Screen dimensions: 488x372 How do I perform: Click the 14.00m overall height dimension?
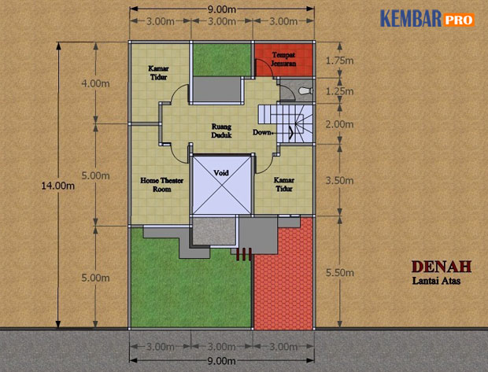coord(58,186)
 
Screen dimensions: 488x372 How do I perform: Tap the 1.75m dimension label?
coord(339,61)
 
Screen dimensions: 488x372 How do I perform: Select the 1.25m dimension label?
coord(339,91)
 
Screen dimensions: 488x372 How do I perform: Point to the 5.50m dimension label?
coord(340,273)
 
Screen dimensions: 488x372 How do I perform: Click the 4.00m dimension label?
coord(95,83)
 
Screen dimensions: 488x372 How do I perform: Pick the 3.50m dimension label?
coord(339,180)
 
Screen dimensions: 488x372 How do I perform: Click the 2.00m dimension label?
coord(339,124)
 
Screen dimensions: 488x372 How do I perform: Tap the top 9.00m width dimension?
coord(222,9)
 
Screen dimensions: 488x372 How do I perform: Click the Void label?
coord(221,172)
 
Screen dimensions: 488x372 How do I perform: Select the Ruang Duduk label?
coord(222,131)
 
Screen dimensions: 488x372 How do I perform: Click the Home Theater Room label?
coord(162,185)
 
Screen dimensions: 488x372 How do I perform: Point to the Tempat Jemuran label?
coord(283,59)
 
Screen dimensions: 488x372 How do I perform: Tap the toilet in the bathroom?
coord(305,91)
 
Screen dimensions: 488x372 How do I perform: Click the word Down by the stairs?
coord(262,132)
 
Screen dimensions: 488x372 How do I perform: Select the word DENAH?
coord(442,267)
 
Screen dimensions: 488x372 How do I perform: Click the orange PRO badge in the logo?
coord(458,20)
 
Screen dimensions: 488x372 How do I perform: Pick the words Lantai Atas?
coord(436,281)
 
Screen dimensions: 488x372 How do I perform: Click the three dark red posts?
coord(244,254)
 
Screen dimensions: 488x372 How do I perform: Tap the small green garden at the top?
coord(222,60)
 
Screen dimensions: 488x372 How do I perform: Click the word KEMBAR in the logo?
coord(411,18)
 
